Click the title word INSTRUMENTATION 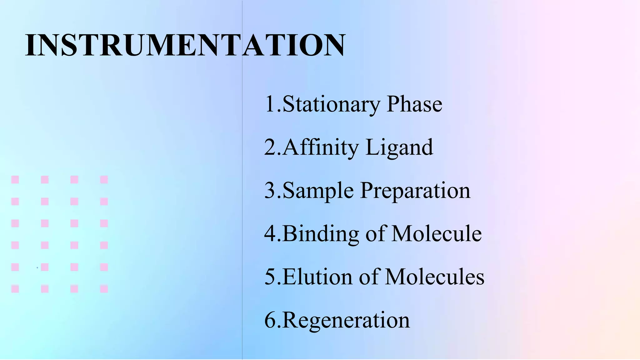tap(185, 45)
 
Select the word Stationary tap(331, 104)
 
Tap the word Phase tap(414, 104)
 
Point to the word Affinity tap(321, 147)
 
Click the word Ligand tap(399, 147)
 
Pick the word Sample tap(318, 190)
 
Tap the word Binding tap(321, 233)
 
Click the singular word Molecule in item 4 tap(436, 233)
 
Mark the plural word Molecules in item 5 tap(434, 277)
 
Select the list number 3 tap(270, 190)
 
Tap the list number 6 tap(270, 320)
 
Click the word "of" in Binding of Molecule tap(375, 233)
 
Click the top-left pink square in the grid tap(15, 179)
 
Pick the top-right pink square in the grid tap(104, 179)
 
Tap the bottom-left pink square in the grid tap(15, 289)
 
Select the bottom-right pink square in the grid tap(104, 289)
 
